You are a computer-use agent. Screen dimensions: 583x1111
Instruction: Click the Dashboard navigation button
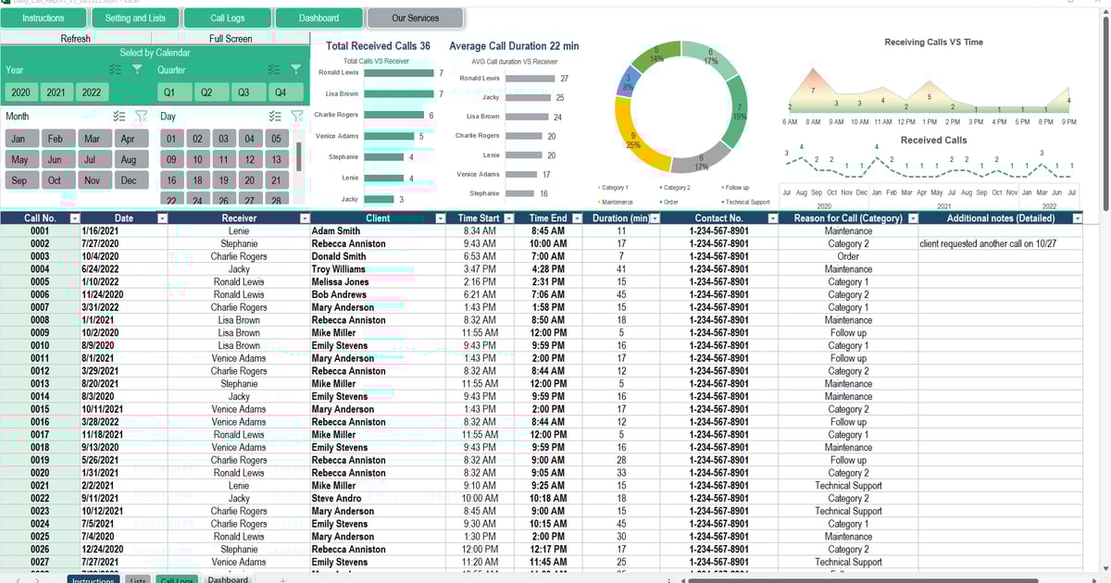[x=318, y=18]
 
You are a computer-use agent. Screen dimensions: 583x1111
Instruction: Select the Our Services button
[x=416, y=18]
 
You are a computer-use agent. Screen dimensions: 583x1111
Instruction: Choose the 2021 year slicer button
[x=56, y=93]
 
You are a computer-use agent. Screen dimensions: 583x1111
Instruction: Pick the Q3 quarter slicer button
[x=243, y=93]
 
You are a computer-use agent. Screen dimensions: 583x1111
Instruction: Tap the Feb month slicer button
[x=56, y=138]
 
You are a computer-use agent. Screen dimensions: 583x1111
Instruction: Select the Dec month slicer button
[x=128, y=180]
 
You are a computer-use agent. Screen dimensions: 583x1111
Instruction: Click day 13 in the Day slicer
[x=276, y=159]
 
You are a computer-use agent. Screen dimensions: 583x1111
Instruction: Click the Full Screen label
[x=231, y=39]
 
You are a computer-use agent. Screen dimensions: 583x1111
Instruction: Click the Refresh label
[x=76, y=39]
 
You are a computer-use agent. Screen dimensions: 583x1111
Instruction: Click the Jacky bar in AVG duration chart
[x=529, y=97]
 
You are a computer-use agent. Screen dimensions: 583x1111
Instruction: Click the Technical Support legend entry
[x=747, y=202]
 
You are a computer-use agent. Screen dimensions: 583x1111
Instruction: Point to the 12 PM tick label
[x=905, y=122]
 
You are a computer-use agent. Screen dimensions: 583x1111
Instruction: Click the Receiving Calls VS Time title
[x=933, y=43]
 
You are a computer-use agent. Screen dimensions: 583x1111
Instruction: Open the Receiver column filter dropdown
[x=305, y=218]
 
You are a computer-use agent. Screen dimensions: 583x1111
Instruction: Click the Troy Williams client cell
[x=339, y=269]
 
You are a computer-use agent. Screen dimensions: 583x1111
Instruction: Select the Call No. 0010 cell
[x=40, y=345]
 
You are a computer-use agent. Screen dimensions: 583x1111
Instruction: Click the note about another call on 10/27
[x=988, y=243]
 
